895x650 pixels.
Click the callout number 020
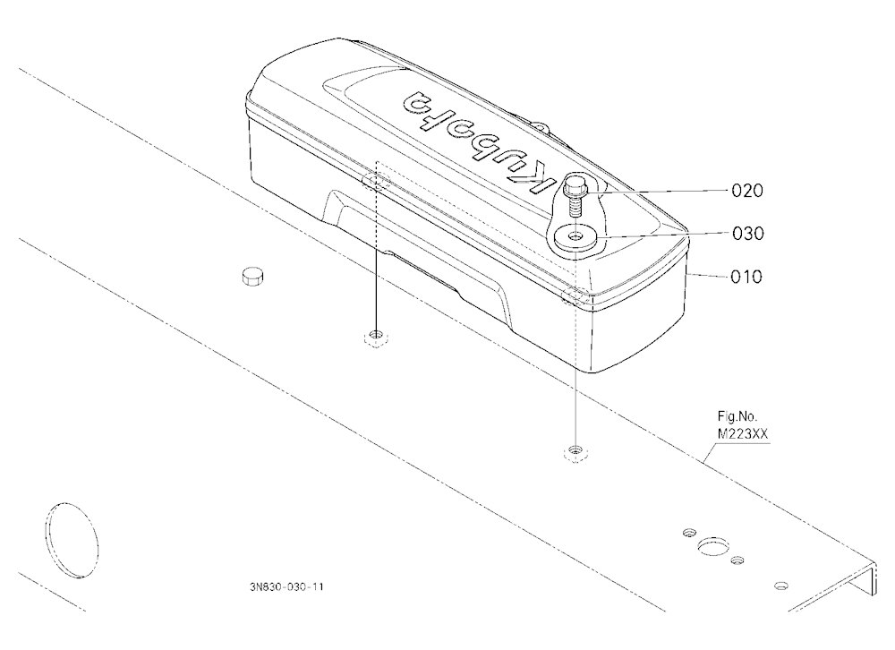coord(747,190)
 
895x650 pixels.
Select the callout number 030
coord(747,234)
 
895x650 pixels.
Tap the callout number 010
coord(746,277)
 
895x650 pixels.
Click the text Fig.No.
coord(737,416)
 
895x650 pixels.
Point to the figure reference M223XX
coord(743,434)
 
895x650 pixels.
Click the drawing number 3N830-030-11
coord(286,587)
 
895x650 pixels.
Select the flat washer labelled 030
coord(575,235)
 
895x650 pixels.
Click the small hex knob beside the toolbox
coord(252,276)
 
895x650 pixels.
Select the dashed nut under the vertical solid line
coord(376,338)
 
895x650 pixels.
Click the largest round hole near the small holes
coord(711,547)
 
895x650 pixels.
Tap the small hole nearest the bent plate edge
coord(780,586)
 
